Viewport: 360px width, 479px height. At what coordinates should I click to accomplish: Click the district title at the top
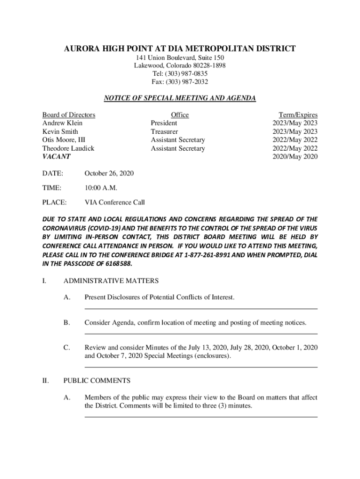[180, 49]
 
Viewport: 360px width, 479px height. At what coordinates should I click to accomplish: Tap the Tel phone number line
[180, 74]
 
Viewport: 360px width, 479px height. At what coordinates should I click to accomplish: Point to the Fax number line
[180, 82]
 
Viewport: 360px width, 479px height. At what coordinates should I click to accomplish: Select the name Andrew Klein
[62, 123]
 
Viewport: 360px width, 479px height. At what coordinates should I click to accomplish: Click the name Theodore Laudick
[68, 148]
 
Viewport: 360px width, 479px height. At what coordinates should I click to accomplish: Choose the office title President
[164, 123]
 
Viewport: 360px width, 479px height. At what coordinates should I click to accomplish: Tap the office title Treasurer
[164, 131]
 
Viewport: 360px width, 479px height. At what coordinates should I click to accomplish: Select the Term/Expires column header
[298, 115]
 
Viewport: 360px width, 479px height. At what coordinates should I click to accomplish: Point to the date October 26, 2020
[109, 174]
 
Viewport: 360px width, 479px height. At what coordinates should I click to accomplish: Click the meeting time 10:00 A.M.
[101, 188]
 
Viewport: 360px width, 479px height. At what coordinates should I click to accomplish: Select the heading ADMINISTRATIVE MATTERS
[111, 281]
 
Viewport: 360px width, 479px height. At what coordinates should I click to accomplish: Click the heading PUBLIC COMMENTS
[97, 381]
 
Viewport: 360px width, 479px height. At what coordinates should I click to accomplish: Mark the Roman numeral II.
[46, 381]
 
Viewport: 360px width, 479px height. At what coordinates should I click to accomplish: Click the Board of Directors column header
[69, 115]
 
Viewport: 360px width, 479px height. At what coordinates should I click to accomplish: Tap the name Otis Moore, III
[64, 140]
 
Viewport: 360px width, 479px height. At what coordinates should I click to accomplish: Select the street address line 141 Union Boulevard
[180, 58]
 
